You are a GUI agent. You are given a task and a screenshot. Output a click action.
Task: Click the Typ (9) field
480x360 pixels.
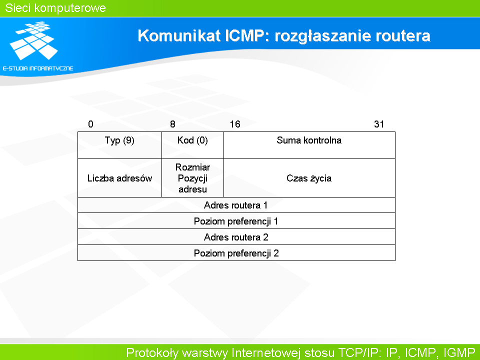click(x=119, y=145)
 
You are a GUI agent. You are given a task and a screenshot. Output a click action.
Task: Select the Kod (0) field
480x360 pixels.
click(x=193, y=145)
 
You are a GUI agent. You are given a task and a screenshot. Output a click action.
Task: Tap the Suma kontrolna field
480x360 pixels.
click(x=309, y=145)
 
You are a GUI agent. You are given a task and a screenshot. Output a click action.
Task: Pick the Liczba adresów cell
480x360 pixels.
click(x=119, y=178)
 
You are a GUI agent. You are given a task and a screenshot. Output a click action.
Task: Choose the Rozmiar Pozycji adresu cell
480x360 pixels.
click(x=193, y=178)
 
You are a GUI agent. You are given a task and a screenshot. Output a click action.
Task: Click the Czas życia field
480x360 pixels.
click(x=309, y=178)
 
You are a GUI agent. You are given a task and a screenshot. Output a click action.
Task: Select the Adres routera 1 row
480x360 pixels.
click(x=236, y=205)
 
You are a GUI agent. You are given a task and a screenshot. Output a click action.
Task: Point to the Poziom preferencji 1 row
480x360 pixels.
click(x=236, y=221)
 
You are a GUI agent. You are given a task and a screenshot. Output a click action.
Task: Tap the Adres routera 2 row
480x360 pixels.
click(x=236, y=237)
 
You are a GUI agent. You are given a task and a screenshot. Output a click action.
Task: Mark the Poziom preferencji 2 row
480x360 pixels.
click(x=236, y=253)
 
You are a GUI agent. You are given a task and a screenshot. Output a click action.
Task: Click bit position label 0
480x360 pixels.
click(x=90, y=124)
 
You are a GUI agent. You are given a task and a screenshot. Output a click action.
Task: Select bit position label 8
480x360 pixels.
click(x=172, y=124)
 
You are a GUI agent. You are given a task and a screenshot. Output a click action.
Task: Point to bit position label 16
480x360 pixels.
click(x=235, y=124)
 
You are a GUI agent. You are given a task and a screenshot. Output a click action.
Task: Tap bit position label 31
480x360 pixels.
click(x=379, y=124)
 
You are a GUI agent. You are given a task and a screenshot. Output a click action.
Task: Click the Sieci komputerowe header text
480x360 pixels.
click(x=55, y=8)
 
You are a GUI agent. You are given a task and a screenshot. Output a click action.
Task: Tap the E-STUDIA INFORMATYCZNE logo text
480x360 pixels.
click(x=38, y=68)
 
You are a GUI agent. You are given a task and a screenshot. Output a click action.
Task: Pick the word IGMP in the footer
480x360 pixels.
click(x=459, y=352)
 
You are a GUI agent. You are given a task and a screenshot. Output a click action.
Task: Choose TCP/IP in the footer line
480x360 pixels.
click(x=359, y=352)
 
